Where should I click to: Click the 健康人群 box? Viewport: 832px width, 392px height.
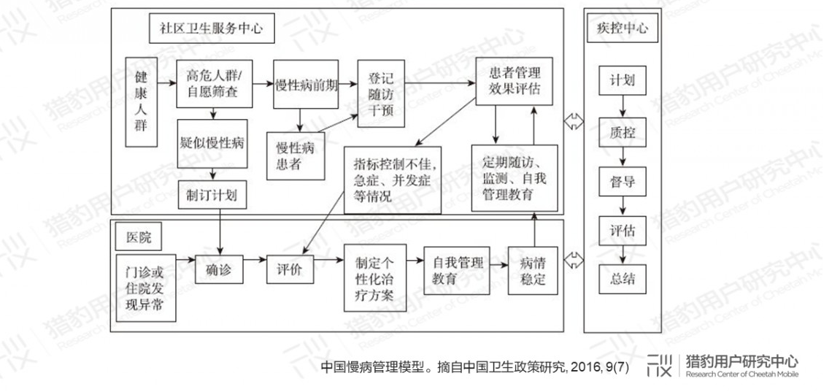141,102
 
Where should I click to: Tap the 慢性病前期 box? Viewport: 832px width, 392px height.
306,84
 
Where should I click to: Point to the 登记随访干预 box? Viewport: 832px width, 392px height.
381,93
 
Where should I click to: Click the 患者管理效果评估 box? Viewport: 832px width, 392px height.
515,81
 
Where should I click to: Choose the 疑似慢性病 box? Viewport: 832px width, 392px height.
212,144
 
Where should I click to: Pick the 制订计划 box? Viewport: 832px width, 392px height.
212,194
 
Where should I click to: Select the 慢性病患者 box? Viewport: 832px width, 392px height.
296,155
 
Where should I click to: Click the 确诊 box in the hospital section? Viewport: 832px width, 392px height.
219,269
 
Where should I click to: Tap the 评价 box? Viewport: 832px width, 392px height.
290,269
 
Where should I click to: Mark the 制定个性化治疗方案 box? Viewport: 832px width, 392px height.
375,278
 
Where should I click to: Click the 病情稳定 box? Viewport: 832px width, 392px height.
533,271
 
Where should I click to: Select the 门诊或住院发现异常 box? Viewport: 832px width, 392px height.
146,288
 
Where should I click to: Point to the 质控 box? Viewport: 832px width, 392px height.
623,132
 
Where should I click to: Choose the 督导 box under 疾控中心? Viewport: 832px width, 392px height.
623,182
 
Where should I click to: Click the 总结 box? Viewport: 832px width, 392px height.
623,279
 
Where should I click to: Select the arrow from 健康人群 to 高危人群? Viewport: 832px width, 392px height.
166,82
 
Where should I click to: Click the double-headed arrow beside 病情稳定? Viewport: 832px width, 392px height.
574,261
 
